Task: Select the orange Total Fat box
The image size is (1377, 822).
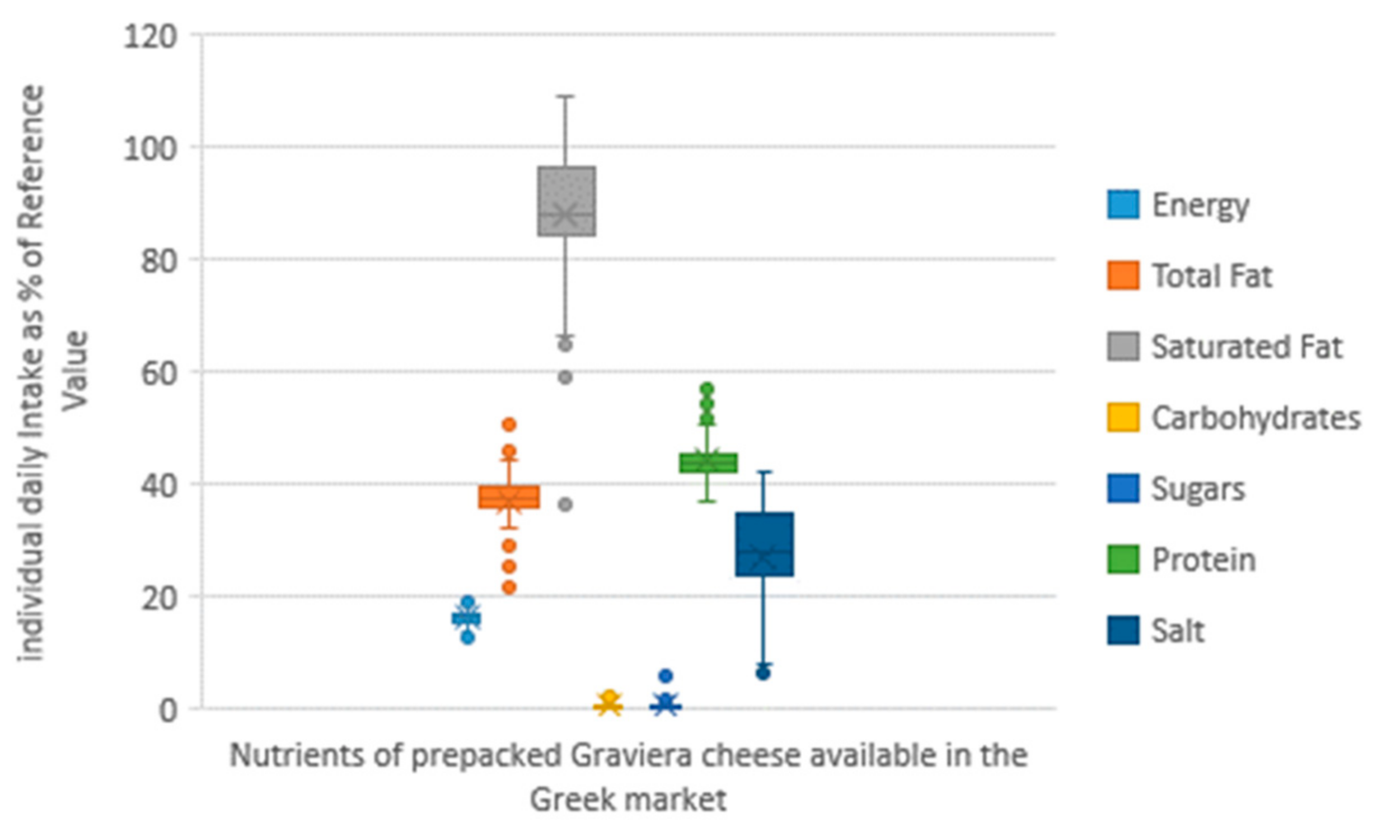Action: click(509, 497)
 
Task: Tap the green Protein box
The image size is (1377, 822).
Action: click(708, 463)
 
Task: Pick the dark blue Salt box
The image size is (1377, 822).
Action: click(764, 544)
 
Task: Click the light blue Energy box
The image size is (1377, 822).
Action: click(466, 618)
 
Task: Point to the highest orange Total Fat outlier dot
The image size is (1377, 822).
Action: click(509, 424)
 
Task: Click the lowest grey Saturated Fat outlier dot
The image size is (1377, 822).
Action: click(566, 505)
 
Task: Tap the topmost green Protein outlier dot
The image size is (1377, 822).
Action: click(708, 388)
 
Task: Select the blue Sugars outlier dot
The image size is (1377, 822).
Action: click(666, 676)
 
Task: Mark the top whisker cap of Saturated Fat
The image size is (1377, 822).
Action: click(566, 96)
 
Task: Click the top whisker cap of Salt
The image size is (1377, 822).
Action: click(764, 471)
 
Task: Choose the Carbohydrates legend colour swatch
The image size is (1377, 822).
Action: click(1123, 417)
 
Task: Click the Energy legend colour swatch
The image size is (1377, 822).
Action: click(1123, 204)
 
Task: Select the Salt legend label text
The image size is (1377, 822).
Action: click(1178, 631)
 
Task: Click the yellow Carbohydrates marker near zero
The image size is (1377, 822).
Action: click(609, 704)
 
